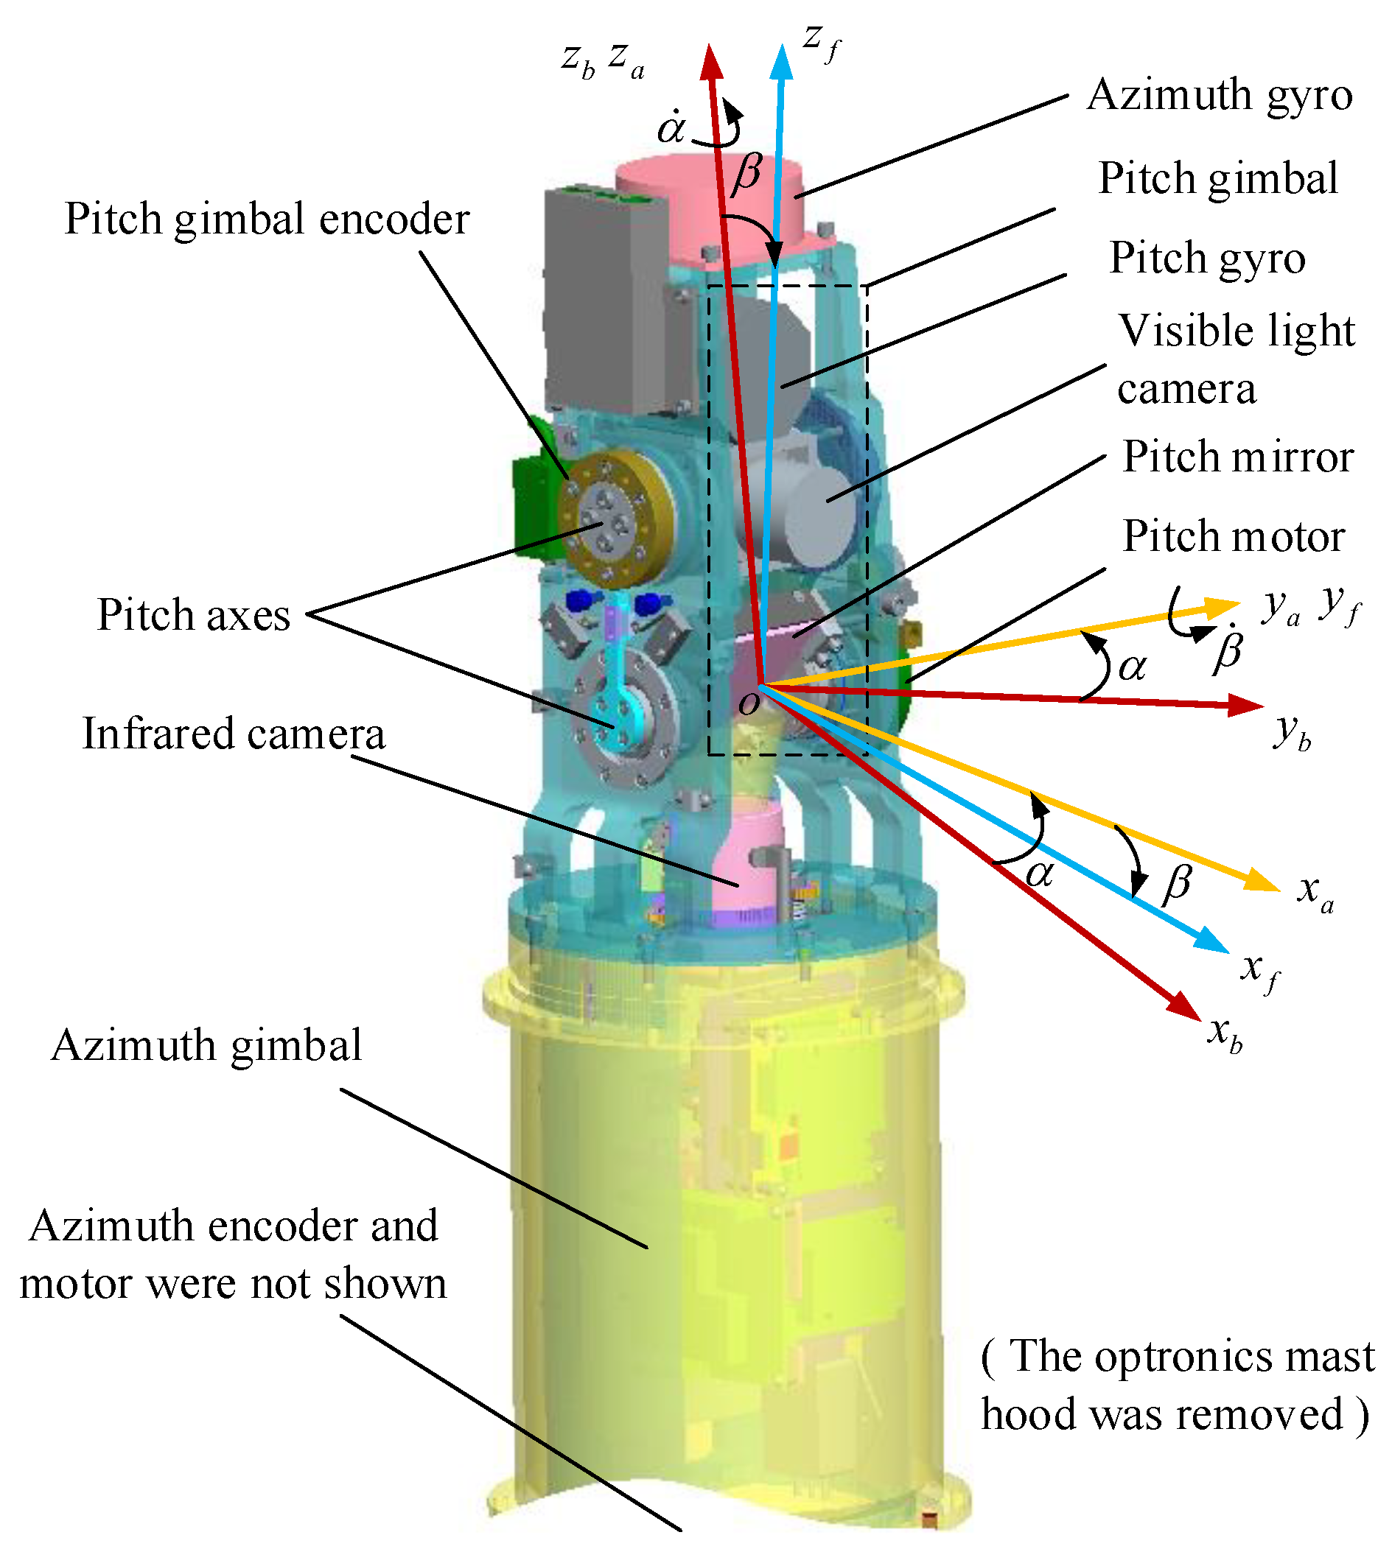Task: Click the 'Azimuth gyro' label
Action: coord(1219,96)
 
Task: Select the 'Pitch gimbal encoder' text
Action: coord(266,219)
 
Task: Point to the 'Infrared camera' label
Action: coord(234,734)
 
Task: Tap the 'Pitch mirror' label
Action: coord(1237,457)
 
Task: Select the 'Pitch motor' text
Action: coord(1233,537)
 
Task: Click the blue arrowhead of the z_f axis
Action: coord(782,61)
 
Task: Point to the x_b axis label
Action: coord(1224,1033)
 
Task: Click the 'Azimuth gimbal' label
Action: coord(206,1045)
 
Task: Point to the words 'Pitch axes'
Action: coord(194,616)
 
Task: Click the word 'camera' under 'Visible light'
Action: coord(1186,390)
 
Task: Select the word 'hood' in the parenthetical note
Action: coord(1029,1414)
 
